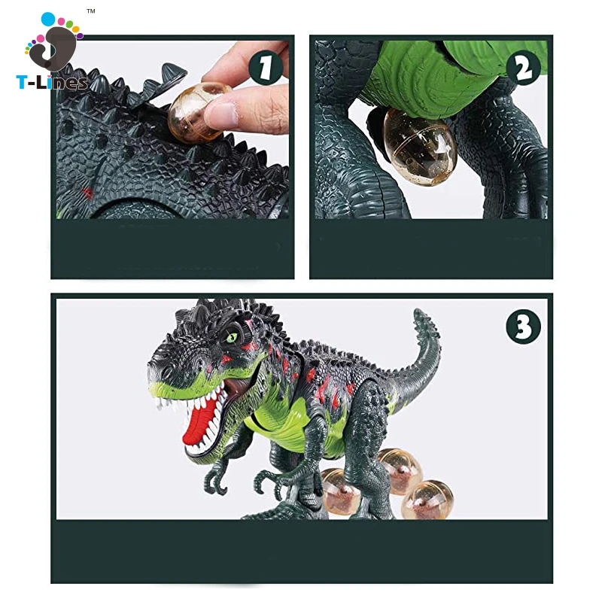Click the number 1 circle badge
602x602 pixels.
point(266,68)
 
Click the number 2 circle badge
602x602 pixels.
point(524,68)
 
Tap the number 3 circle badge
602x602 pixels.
point(524,327)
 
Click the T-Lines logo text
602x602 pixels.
point(52,83)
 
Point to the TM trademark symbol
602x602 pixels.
point(90,11)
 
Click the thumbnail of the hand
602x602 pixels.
point(221,114)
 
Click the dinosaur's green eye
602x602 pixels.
point(232,337)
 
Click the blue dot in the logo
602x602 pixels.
point(48,18)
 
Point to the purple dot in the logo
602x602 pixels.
point(80,36)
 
